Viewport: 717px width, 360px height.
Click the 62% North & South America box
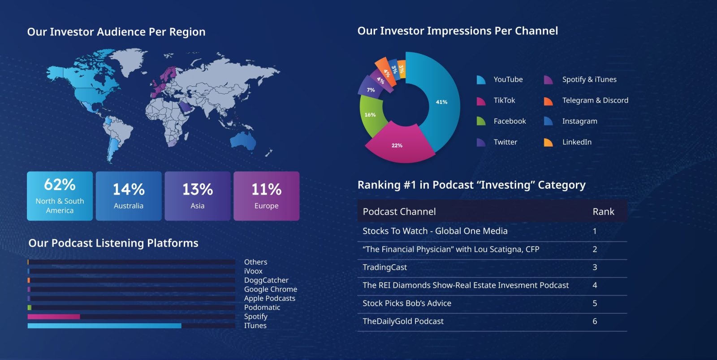click(x=60, y=196)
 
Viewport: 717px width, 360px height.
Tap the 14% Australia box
click(x=129, y=196)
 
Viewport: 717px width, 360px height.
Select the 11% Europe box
click(x=266, y=196)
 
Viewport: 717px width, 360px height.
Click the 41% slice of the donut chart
click(x=441, y=102)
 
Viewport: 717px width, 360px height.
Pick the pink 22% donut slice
click(x=397, y=144)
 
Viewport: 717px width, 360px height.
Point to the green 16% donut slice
click(x=370, y=115)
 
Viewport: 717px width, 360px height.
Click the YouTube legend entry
click(x=508, y=79)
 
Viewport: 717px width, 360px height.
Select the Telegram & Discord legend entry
click(x=595, y=100)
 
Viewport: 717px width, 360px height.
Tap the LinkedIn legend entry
click(x=576, y=142)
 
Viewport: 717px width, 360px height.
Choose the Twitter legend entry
click(x=505, y=142)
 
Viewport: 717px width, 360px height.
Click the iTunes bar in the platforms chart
click(x=104, y=326)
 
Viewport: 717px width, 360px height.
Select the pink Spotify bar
click(x=54, y=317)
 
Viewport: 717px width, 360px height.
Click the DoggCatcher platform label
click(x=266, y=280)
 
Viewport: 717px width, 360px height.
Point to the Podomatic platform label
click(x=262, y=308)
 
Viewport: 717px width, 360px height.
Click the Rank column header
click(x=603, y=212)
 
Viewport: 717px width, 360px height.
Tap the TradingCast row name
click(x=384, y=267)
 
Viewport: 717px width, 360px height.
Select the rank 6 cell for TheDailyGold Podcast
click(x=595, y=321)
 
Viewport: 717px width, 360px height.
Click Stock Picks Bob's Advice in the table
click(x=406, y=304)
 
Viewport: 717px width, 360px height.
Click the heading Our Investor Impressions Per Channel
click(x=458, y=31)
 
